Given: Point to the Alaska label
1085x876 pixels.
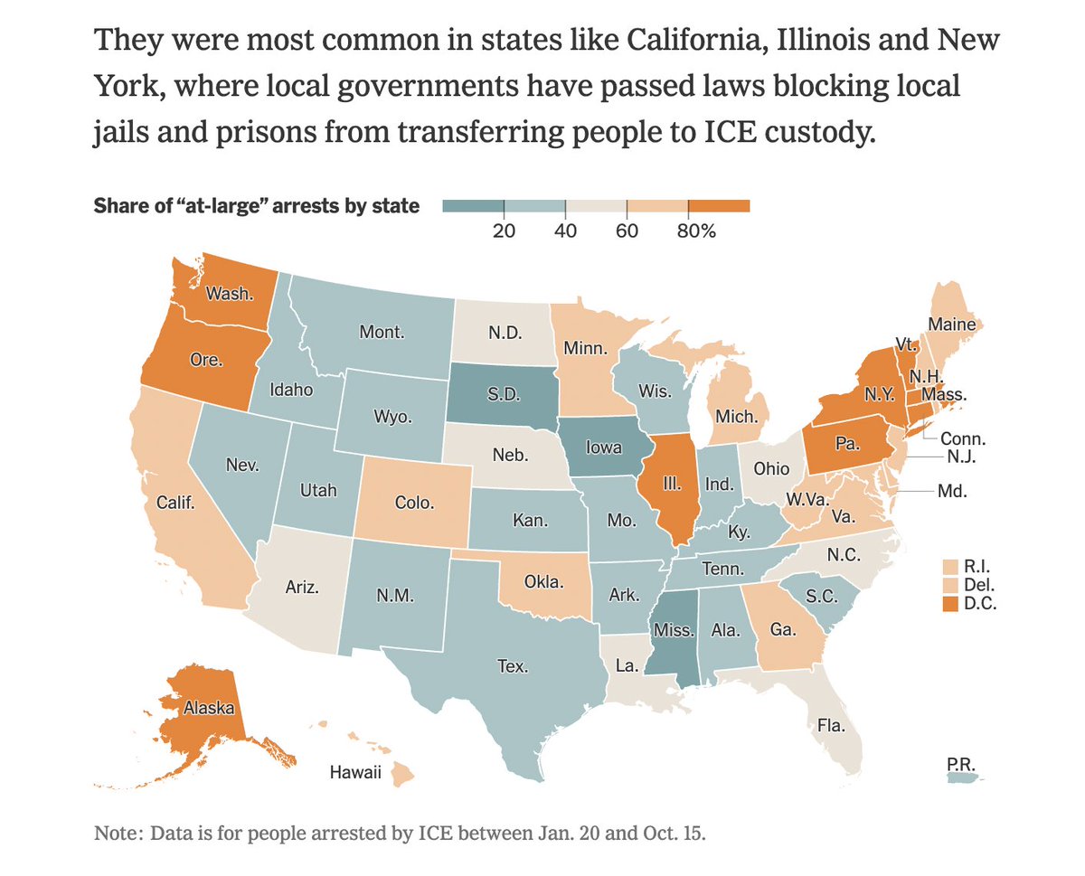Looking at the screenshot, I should tap(209, 707).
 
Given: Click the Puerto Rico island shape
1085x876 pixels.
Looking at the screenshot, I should tap(964, 775).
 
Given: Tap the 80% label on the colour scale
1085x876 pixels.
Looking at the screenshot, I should tap(696, 231).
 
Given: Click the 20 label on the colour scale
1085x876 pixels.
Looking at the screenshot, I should tap(504, 231).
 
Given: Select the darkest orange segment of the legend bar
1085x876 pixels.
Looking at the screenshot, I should tap(720, 206).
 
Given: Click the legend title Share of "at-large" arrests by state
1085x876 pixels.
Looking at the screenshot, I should tap(257, 206).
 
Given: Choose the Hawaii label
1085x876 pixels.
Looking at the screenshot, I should tap(355, 772).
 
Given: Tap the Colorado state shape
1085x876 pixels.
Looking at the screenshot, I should tap(414, 503).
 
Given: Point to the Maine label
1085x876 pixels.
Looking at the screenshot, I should tap(952, 324).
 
